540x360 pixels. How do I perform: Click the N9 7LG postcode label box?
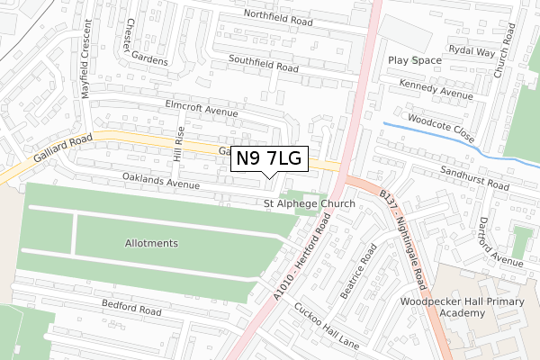click(x=271, y=159)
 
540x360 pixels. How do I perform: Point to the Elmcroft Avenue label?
click(x=202, y=109)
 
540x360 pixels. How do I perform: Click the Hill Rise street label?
click(x=178, y=143)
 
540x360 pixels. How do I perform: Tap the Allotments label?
click(x=151, y=244)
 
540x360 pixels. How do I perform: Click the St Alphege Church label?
click(x=309, y=204)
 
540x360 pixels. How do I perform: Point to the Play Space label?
click(x=415, y=60)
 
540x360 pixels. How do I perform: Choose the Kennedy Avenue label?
click(x=436, y=90)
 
